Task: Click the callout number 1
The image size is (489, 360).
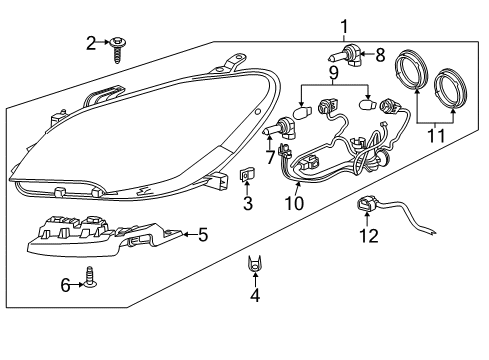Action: click(344, 27)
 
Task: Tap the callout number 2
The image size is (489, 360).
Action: click(91, 43)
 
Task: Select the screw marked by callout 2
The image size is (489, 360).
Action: click(118, 49)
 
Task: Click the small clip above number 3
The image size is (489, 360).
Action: click(246, 175)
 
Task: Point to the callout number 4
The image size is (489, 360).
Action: click(255, 295)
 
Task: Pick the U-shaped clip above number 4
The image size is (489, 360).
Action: click(255, 263)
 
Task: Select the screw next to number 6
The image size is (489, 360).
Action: click(90, 277)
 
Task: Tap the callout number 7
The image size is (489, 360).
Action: click(270, 157)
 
